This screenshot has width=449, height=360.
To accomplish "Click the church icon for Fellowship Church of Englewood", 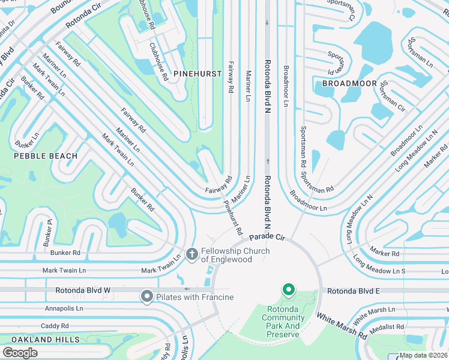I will click(x=192, y=254).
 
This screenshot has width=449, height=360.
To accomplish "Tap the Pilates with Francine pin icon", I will click(x=146, y=296).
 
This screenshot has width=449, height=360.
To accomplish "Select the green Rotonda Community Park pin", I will click(x=288, y=291).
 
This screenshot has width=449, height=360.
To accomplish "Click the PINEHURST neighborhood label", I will click(x=193, y=73).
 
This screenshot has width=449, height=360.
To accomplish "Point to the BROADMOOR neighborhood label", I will click(x=349, y=83).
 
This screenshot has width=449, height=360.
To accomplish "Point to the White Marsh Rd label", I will click(x=341, y=326).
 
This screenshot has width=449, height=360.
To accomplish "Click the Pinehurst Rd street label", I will click(x=233, y=217).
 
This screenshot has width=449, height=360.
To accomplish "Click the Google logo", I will click(x=20, y=353).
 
